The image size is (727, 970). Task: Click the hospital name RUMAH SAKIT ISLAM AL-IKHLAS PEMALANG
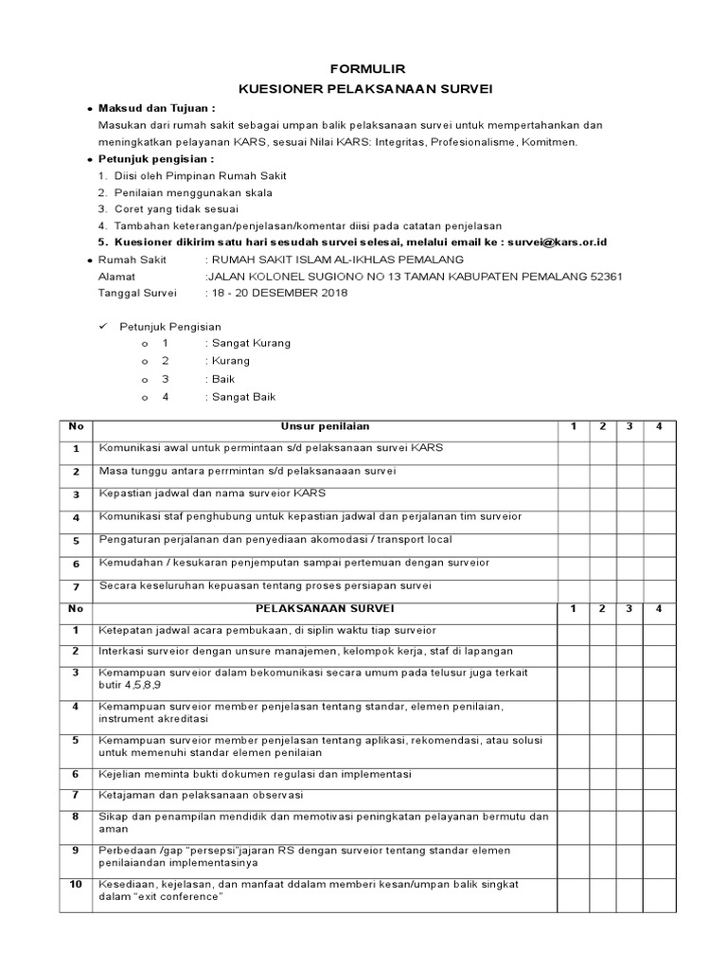[337, 259]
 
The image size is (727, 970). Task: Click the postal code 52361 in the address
[605, 276]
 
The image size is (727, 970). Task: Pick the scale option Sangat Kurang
[251, 343]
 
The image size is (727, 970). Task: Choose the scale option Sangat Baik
[244, 397]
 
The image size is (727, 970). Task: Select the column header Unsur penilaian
[324, 426]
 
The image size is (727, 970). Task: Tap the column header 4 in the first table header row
[659, 426]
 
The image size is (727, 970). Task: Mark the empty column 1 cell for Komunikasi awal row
[573, 449]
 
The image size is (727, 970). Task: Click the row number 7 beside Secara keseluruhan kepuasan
[75, 586]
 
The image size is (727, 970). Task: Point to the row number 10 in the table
[75, 884]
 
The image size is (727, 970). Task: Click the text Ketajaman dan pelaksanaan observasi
[201, 794]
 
